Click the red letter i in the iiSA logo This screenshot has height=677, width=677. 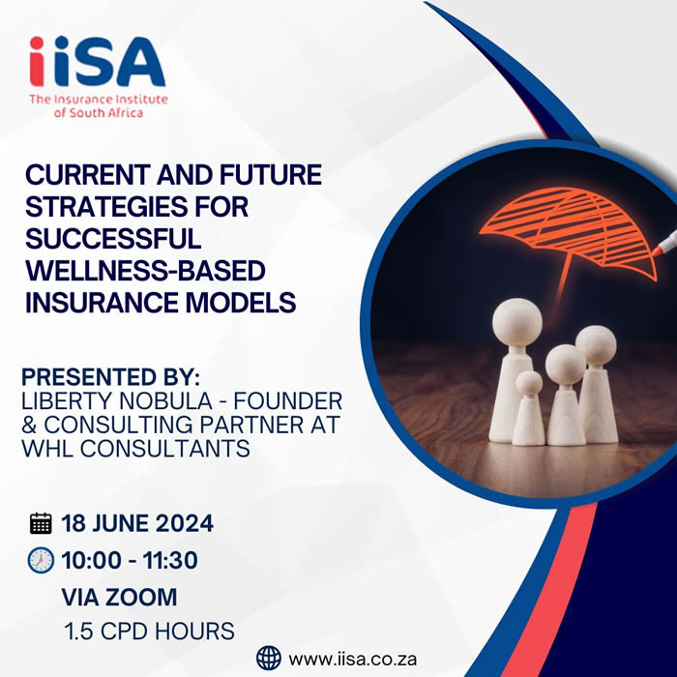(x=37, y=61)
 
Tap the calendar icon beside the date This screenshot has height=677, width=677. (x=41, y=523)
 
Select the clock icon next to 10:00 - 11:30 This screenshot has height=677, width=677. (x=41, y=560)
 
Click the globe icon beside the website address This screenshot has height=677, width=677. (x=269, y=658)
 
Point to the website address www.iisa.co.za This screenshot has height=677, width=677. (x=353, y=660)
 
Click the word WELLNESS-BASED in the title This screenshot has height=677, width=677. (x=145, y=271)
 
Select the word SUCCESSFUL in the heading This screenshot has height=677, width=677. (x=113, y=239)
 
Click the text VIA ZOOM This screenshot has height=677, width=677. (x=119, y=597)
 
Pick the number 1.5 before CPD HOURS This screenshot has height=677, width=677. (x=78, y=632)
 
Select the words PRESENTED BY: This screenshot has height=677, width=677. (x=111, y=377)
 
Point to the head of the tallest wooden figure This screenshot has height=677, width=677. (x=516, y=322)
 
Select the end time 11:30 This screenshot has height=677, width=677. (x=170, y=560)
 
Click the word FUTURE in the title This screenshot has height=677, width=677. (x=271, y=175)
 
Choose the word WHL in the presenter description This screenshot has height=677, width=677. (x=47, y=448)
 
